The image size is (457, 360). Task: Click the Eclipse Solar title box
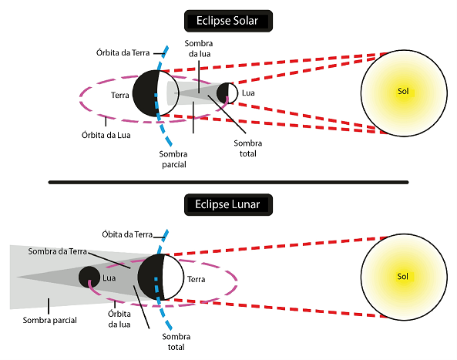pos(228,21)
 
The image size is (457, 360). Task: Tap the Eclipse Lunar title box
pos(228,204)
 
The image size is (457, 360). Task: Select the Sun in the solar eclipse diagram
pos(404,93)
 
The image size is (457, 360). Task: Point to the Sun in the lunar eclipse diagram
pos(404,277)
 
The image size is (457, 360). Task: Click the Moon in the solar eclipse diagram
pos(227,93)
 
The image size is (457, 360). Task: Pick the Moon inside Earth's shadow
pos(89,277)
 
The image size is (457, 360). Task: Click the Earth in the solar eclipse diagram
pos(156,93)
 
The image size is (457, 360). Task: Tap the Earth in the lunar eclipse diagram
pos(160,277)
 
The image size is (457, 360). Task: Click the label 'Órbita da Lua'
pos(106,135)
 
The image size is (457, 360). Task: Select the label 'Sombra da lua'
pos(199,49)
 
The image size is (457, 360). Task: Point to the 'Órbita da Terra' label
pos(123,52)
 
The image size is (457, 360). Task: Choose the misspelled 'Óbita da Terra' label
pos(127,234)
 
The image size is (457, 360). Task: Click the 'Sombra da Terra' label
pos(58,251)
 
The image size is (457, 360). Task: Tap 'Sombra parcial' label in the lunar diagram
pos(50,320)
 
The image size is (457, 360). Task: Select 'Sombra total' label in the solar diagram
pos(248,148)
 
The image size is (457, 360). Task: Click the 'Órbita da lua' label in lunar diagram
pos(119,319)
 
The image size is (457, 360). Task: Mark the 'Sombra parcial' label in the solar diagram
pos(173,159)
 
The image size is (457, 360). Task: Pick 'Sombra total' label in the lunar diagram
pos(176,341)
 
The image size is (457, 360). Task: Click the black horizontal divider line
pos(228,183)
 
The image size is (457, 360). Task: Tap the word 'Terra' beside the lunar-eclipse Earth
pos(197,279)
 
